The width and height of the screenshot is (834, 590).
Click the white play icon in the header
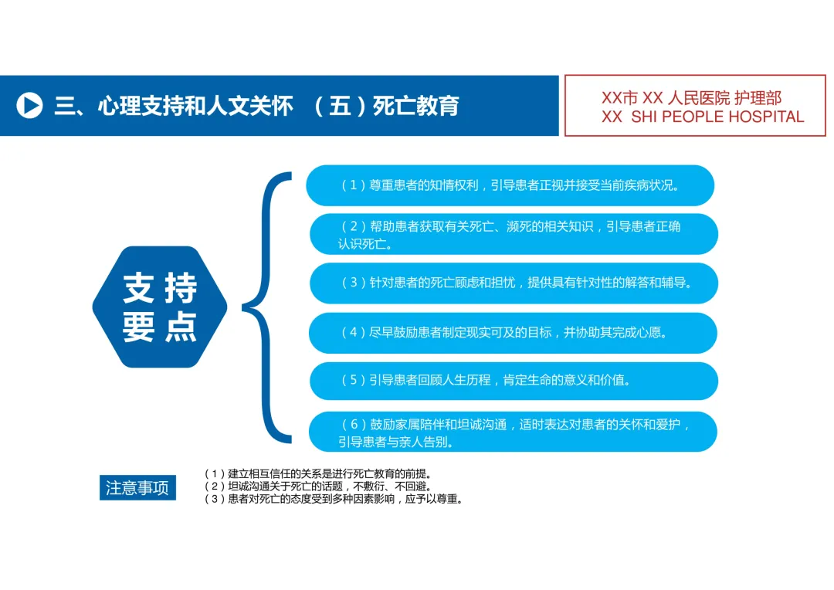pyautogui.click(x=30, y=105)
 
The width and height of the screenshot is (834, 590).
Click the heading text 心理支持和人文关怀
pyautogui.click(x=195, y=106)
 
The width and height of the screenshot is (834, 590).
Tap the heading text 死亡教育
pyautogui.click(x=415, y=106)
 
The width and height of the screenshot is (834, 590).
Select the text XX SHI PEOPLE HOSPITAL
pyautogui.click(x=703, y=117)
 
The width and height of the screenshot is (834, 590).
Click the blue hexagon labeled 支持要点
pyautogui.click(x=160, y=307)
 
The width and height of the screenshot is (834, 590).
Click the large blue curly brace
pyautogui.click(x=266, y=307)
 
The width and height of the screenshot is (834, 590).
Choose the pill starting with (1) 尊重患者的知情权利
pyautogui.click(x=510, y=185)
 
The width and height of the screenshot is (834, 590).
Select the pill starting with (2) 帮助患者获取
pyautogui.click(x=514, y=234)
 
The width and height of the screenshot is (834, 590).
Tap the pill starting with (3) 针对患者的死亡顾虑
pyautogui.click(x=514, y=283)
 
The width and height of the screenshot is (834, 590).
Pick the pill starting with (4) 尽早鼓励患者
pyautogui.click(x=513, y=333)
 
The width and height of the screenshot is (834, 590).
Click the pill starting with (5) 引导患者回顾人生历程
pyautogui.click(x=514, y=381)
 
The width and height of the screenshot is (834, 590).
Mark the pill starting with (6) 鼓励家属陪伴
pyautogui.click(x=514, y=432)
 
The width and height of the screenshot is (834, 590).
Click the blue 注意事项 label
pyautogui.click(x=137, y=488)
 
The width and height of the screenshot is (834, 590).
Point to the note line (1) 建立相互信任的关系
pyautogui.click(x=317, y=473)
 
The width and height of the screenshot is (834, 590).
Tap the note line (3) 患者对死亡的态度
pyautogui.click(x=333, y=499)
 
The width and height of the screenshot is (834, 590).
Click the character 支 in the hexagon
pyautogui.click(x=139, y=289)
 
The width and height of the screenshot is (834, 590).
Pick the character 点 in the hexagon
pyautogui.click(x=181, y=327)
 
